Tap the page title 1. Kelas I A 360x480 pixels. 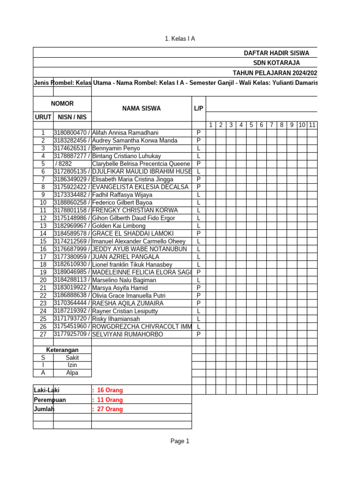(x=180, y=38)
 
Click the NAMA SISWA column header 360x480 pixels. (x=141, y=108)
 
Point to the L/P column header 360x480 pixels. (x=198, y=108)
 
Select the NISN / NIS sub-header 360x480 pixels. (x=72, y=117)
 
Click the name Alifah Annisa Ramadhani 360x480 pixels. (x=125, y=133)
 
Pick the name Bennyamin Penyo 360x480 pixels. (x=113, y=148)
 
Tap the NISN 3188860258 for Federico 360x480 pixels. (x=71, y=202)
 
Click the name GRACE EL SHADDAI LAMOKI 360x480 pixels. (x=133, y=233)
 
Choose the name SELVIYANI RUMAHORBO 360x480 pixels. (x=127, y=335)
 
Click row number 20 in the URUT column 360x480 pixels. (x=43, y=280)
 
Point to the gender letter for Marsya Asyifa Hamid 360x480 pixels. (x=199, y=288)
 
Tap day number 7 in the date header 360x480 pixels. (x=271, y=125)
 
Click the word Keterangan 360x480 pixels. (x=62, y=350)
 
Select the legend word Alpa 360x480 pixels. (x=72, y=373)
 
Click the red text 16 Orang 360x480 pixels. (x=109, y=390)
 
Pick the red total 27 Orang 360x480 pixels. (x=109, y=409)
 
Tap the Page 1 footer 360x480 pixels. (x=180, y=441)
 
